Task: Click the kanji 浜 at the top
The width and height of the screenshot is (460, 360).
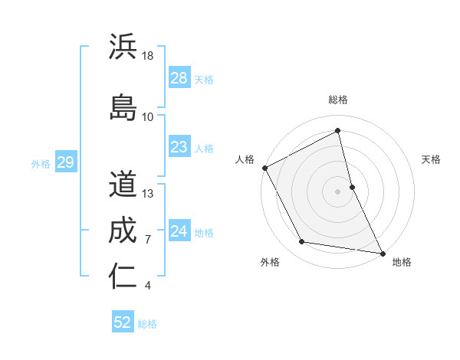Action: pos(123,47)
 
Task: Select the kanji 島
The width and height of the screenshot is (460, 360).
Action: pos(123,106)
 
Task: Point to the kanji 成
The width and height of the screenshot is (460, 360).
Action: pos(123,230)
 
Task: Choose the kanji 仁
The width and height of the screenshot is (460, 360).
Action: pos(123,276)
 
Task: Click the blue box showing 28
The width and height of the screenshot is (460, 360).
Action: pos(179,78)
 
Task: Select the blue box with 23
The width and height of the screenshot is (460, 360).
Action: pos(179,147)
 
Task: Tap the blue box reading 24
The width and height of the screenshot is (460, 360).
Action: pos(179,231)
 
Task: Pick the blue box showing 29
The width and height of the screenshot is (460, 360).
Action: pos(65,162)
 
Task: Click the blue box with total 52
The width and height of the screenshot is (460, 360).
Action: pos(123,322)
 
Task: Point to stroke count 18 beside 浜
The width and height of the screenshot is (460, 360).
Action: pos(149,56)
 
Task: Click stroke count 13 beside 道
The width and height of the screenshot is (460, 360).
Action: pos(149,193)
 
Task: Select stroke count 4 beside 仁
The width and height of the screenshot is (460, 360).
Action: pos(147,286)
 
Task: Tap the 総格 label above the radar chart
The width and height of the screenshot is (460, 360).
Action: pos(338,100)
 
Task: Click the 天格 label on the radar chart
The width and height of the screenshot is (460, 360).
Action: pos(431,159)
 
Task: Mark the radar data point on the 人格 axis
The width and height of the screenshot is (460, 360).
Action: pos(264,167)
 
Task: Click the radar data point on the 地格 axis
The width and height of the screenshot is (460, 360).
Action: pos(383,252)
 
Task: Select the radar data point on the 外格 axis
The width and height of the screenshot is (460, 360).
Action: pos(302,243)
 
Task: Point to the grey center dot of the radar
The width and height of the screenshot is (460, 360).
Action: pos(338,191)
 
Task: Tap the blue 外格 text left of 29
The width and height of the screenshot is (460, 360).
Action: pos(40,163)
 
